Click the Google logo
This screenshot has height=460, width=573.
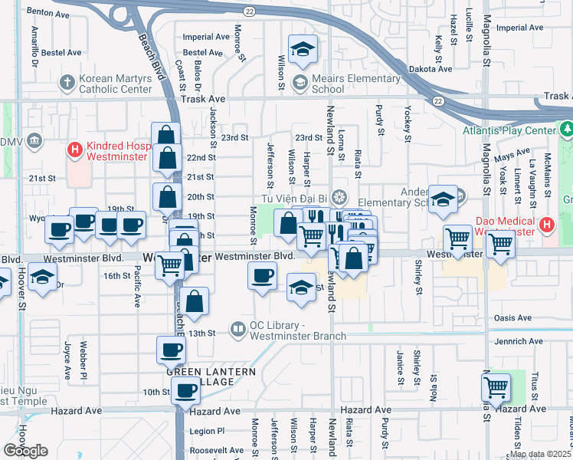pyautogui.click(x=25, y=451)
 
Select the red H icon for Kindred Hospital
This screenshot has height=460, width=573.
pyautogui.click(x=75, y=148)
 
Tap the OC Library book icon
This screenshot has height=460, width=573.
pyautogui.click(x=239, y=328)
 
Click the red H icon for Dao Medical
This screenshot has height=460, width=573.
pyautogui.click(x=545, y=225)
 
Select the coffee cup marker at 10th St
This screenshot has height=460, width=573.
pyautogui.click(x=185, y=392)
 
